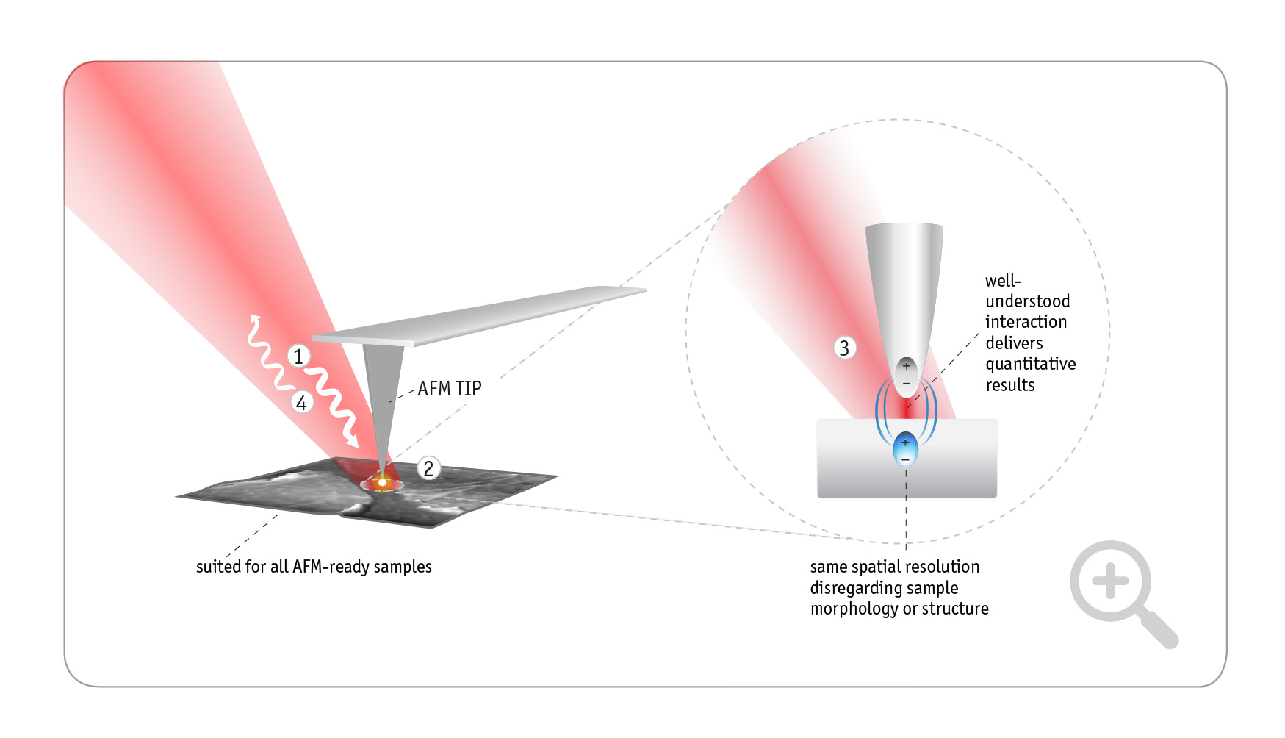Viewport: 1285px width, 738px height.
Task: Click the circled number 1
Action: pos(298,357)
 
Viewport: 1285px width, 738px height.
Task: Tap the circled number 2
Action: pos(429,468)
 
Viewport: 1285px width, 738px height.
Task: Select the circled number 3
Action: pos(844,348)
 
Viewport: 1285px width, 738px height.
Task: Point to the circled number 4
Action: pos(301,402)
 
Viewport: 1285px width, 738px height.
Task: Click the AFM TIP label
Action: pos(449,388)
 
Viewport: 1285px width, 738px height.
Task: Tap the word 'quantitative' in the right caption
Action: pos(1030,364)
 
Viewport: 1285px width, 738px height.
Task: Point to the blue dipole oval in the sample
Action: pos(905,449)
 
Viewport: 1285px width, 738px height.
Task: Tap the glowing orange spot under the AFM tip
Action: pos(382,482)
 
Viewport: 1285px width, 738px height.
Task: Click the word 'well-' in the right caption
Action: pos(1003,280)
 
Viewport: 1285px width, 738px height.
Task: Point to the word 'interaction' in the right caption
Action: pos(1026,322)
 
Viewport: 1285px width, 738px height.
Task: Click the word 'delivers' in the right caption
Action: pos(1014,343)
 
